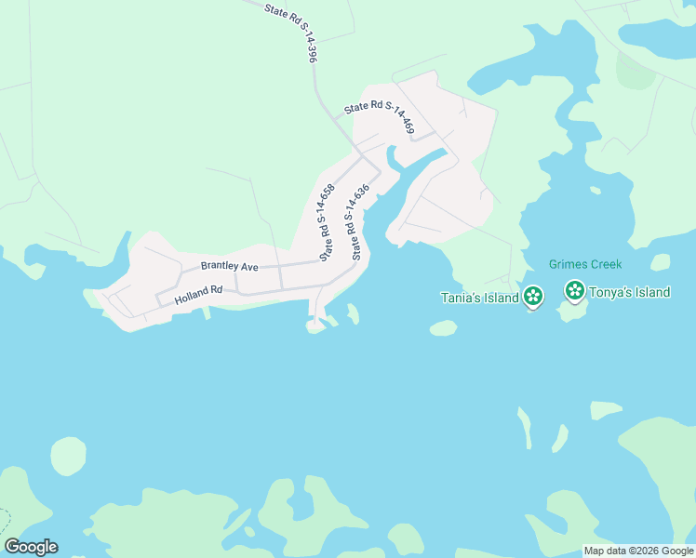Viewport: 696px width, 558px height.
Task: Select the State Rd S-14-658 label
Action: pyautogui.click(x=327, y=222)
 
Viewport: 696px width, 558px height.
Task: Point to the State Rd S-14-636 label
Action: pyautogui.click(x=355, y=221)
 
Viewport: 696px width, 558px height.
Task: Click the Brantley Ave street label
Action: pyautogui.click(x=229, y=266)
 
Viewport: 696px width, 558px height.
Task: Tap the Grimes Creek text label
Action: pyautogui.click(x=585, y=264)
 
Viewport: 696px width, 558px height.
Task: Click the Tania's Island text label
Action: pyautogui.click(x=479, y=298)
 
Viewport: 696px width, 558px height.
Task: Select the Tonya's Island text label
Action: pyautogui.click(x=630, y=292)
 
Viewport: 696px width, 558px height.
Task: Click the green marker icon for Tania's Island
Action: pyautogui.click(x=533, y=297)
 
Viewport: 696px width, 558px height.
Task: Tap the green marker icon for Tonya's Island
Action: pyautogui.click(x=575, y=291)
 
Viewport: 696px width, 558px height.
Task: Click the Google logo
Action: pyautogui.click(x=31, y=547)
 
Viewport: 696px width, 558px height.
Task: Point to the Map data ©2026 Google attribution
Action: pyautogui.click(x=639, y=551)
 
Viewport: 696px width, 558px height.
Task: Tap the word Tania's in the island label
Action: pyautogui.click(x=460, y=298)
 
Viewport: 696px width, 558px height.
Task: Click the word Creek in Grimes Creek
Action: pyautogui.click(x=605, y=264)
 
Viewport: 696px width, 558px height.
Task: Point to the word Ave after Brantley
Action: pyautogui.click(x=249, y=266)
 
